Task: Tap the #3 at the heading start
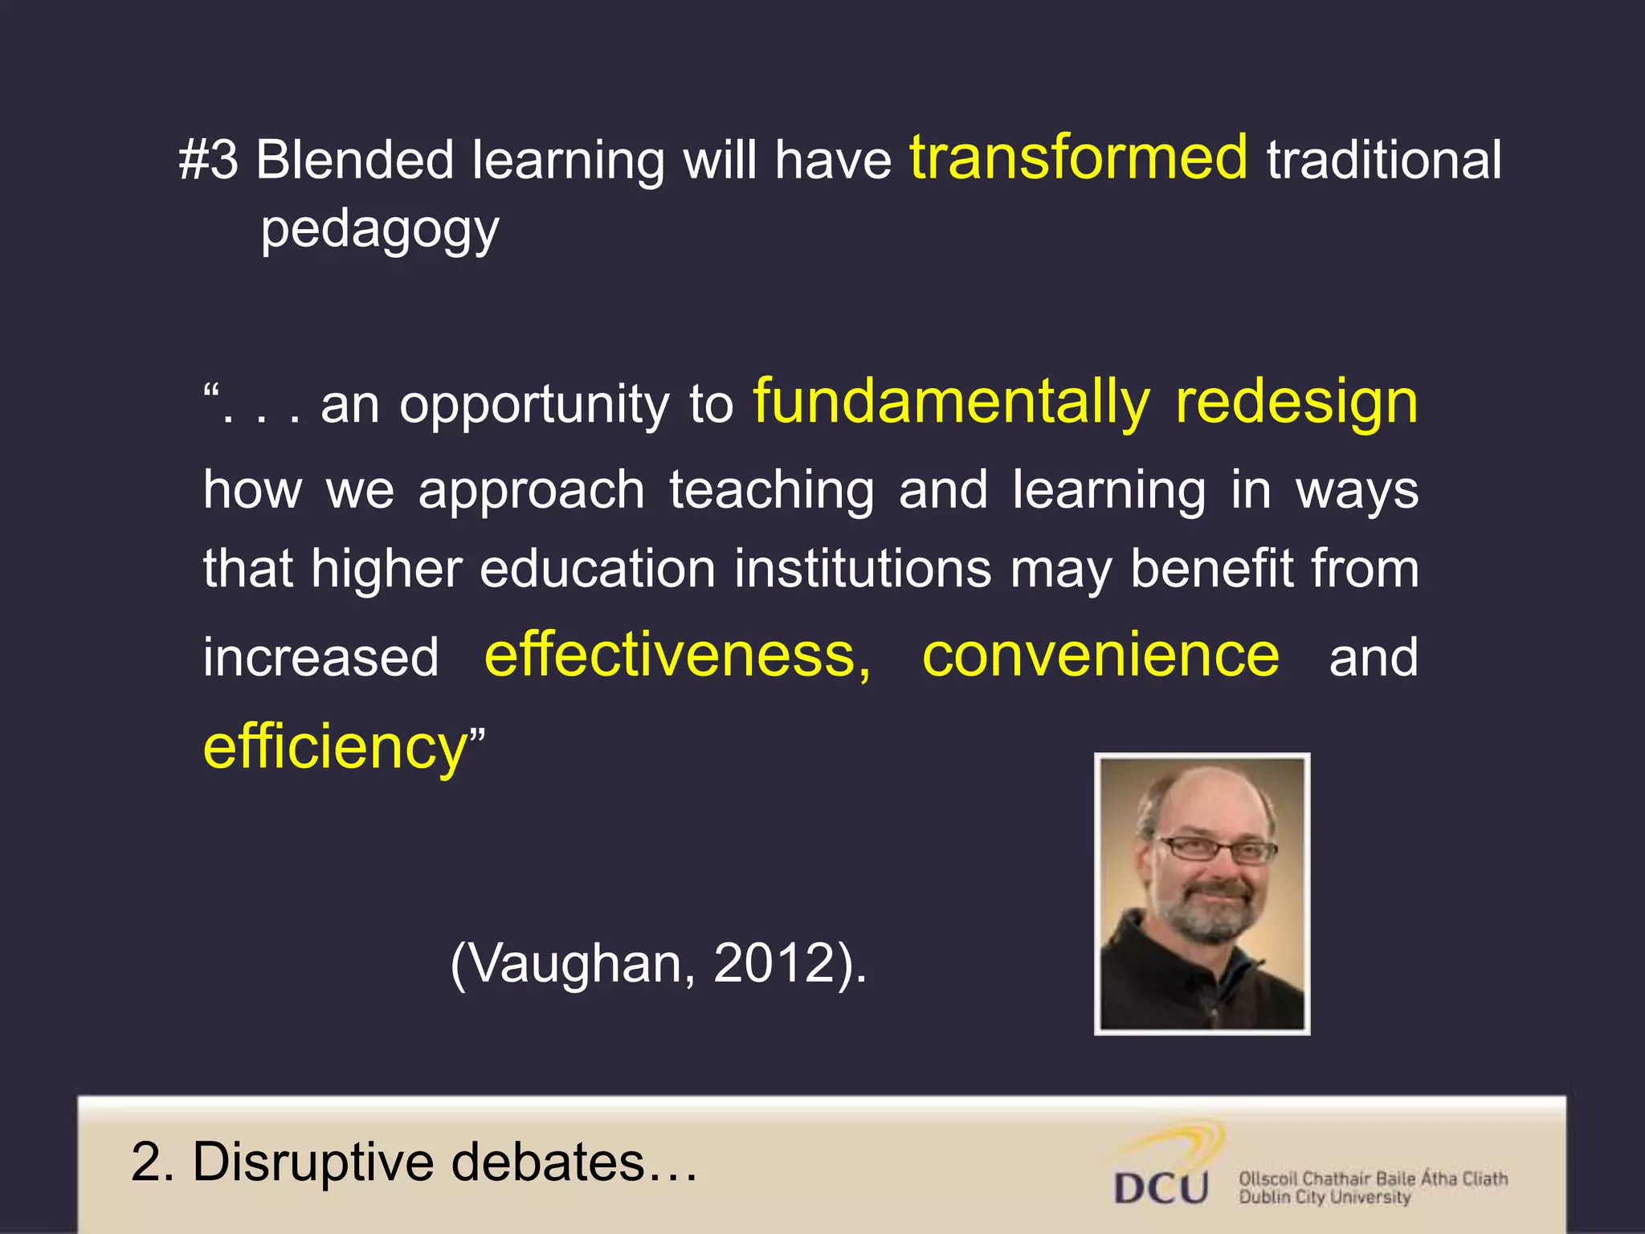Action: coord(208,160)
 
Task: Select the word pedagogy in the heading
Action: coord(380,231)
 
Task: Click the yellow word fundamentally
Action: coord(952,402)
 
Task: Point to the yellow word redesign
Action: coord(1296,402)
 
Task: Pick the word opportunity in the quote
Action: coord(534,406)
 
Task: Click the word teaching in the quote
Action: coord(771,489)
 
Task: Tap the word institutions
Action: coord(863,569)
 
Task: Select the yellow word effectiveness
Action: coord(677,656)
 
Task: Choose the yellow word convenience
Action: coord(1100,656)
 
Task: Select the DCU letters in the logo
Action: coord(1161,1187)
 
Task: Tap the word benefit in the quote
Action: coord(1211,569)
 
